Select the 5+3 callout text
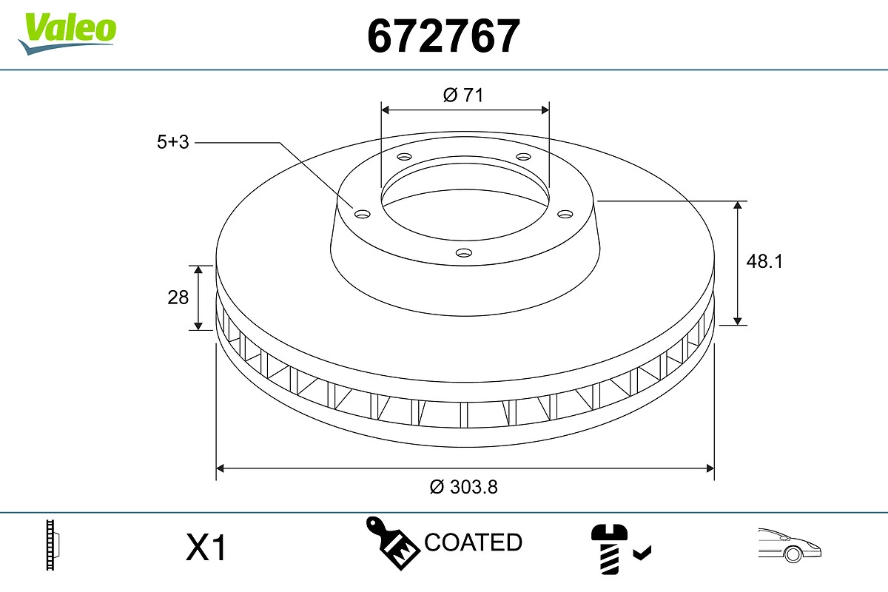coord(173,143)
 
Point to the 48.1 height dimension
coord(765,260)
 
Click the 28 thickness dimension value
coord(178,297)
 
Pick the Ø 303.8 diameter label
coord(464,487)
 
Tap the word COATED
coord(473,542)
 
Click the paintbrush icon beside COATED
coord(391,542)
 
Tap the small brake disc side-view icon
coord(53,545)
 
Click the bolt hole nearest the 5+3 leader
coord(363,215)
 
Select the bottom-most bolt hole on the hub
coord(463,253)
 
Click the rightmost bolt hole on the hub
coord(565,214)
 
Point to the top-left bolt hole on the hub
coord(404,157)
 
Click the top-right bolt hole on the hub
coord(524,157)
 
